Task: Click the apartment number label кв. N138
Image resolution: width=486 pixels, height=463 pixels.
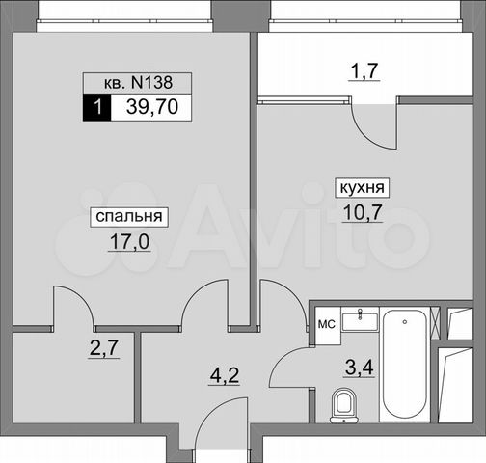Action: click(x=136, y=83)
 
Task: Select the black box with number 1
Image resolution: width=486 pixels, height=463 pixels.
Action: click(x=96, y=108)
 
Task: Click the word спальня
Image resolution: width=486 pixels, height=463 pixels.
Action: click(x=127, y=217)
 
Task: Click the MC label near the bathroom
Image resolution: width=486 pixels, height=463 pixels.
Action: click(x=326, y=324)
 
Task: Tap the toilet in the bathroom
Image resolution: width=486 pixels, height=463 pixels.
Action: click(x=341, y=406)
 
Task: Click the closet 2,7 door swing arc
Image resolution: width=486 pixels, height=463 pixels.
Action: click(x=72, y=307)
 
